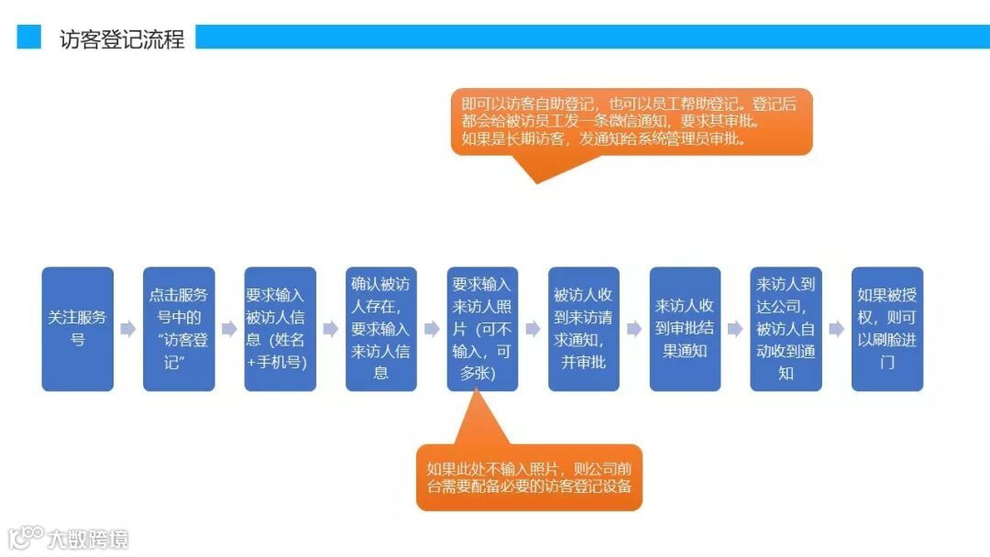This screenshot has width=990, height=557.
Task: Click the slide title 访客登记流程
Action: pos(122,38)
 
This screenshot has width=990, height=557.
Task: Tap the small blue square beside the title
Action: pos(29,37)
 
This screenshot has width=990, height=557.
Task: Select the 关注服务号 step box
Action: pos(78,329)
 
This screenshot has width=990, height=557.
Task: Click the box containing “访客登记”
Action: pos(179,329)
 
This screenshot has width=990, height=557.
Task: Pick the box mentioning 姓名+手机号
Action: pos(280,329)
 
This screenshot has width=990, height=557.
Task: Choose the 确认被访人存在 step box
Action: pos(381,329)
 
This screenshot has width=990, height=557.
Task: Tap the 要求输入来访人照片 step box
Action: pos(483,329)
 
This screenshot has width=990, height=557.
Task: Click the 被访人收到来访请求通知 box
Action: pos(584,329)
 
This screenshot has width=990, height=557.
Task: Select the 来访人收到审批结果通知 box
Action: pos(685,329)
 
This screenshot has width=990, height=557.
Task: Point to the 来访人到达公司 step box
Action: pos(786,329)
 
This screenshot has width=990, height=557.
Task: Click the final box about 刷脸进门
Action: pos(887,329)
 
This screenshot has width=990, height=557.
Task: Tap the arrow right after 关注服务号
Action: pos(128,329)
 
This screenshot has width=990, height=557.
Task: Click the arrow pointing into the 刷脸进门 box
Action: pos(836,329)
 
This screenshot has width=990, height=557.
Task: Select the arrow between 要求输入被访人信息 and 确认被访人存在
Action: pos(331,329)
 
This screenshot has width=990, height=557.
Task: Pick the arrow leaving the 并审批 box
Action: pos(634,329)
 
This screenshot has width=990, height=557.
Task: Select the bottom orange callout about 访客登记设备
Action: pos(529,476)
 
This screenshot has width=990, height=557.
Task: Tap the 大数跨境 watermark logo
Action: pos(69,538)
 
